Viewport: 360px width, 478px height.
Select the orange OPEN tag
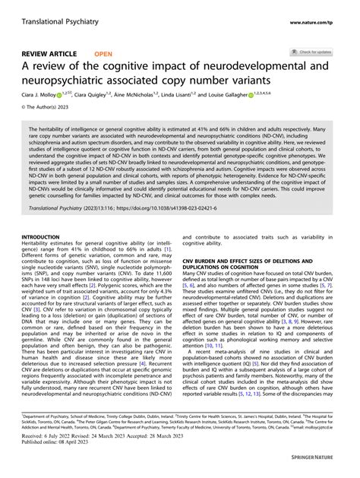(104, 54)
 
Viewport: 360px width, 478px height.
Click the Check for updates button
(311, 52)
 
